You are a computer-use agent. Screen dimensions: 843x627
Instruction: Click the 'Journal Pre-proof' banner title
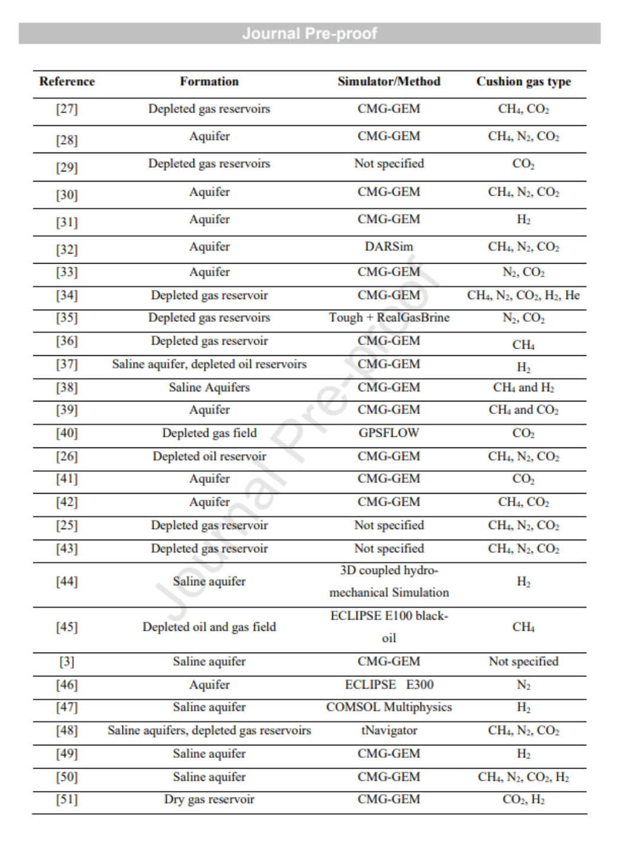[x=309, y=34]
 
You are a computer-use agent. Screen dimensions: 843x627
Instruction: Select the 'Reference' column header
[x=67, y=82]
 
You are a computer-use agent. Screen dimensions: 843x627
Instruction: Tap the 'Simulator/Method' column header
[x=389, y=82]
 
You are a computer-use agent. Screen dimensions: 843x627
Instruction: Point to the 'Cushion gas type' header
[x=523, y=82]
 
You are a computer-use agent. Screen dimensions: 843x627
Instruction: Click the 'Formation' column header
[x=209, y=82]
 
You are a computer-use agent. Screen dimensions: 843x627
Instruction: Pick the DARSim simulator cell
[x=389, y=247]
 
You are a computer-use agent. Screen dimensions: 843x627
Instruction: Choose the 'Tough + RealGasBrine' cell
[x=389, y=317]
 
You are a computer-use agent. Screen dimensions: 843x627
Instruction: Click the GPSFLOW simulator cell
[x=389, y=433]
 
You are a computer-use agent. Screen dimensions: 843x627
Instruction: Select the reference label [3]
[x=67, y=662]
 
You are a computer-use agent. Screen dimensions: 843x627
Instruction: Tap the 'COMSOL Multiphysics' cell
[x=389, y=707]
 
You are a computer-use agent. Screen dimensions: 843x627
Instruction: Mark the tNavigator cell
[x=389, y=730]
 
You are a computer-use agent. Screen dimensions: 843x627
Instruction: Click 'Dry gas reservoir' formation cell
[x=209, y=799]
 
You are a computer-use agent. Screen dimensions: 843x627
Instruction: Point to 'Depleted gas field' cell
[x=209, y=433]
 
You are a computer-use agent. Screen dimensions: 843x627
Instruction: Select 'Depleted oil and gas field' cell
[x=209, y=627]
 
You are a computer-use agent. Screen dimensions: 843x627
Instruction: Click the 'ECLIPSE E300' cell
[x=389, y=685]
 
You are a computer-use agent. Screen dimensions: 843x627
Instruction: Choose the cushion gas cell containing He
[x=523, y=295]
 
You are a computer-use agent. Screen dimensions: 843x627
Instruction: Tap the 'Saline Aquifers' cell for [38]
[x=209, y=387]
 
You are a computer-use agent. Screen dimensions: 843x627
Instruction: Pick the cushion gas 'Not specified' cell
[x=523, y=662]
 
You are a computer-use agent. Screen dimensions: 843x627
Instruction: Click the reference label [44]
[x=67, y=582]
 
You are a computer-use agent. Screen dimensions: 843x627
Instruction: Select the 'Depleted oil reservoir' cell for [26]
[x=209, y=456]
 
